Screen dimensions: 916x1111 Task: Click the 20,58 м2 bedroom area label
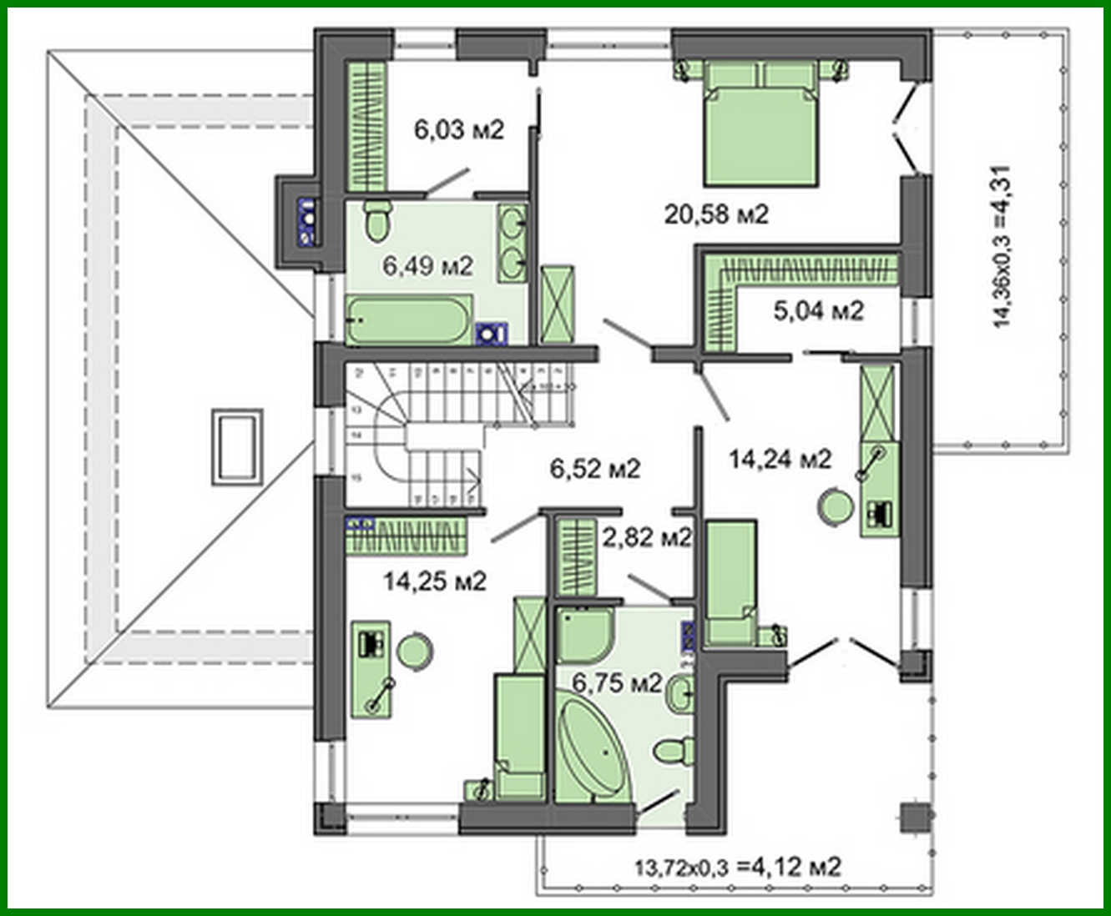click(x=716, y=214)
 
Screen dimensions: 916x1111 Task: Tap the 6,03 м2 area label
click(x=458, y=129)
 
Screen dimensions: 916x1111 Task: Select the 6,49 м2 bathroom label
click(x=427, y=266)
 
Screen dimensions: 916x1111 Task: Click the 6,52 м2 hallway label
click(x=594, y=469)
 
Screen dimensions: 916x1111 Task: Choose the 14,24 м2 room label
click(x=780, y=458)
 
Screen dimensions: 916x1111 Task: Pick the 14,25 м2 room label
click(x=434, y=581)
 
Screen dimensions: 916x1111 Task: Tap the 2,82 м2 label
click(x=647, y=538)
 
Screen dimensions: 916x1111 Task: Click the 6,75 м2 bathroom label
click(x=617, y=684)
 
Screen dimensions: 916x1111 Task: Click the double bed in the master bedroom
click(x=760, y=129)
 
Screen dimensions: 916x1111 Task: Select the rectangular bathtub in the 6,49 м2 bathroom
click(x=408, y=320)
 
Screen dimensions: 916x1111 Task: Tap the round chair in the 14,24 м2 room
click(x=834, y=506)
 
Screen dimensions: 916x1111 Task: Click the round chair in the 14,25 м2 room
click(x=413, y=652)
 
